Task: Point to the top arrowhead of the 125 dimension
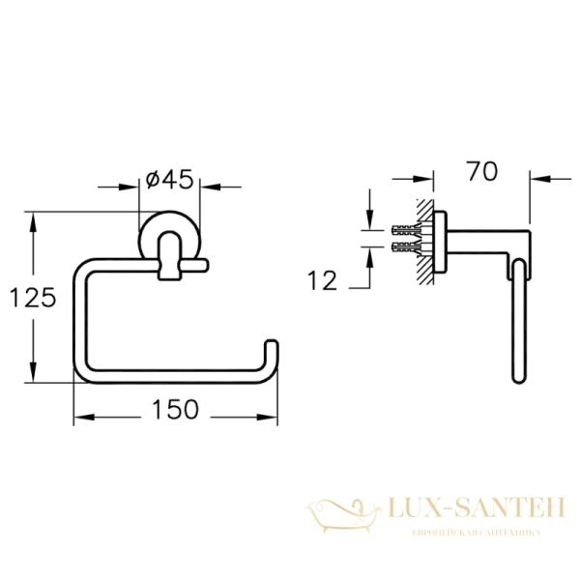[x=35, y=221]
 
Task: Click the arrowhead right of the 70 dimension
[x=537, y=178]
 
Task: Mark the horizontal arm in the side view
[x=483, y=238]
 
